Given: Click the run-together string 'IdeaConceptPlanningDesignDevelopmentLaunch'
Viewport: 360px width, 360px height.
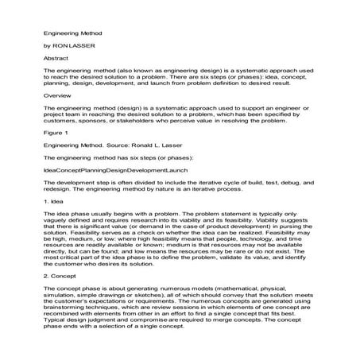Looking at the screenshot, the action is [115, 170].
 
